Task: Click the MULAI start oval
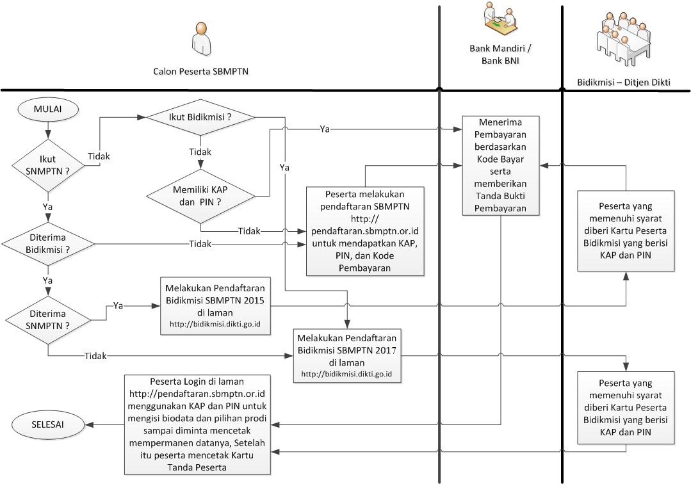click(48, 109)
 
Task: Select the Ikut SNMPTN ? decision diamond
click(48, 166)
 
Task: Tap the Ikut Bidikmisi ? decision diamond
click(200, 117)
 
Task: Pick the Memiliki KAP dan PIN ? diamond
click(200, 195)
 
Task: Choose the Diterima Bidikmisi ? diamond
click(48, 244)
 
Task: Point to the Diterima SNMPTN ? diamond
click(48, 318)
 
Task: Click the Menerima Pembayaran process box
click(502, 165)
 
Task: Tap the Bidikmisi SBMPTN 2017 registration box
click(348, 355)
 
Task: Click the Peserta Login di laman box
click(197, 424)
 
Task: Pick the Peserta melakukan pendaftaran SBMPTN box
click(365, 230)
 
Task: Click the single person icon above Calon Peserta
click(201, 38)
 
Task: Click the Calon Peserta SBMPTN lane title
click(200, 72)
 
